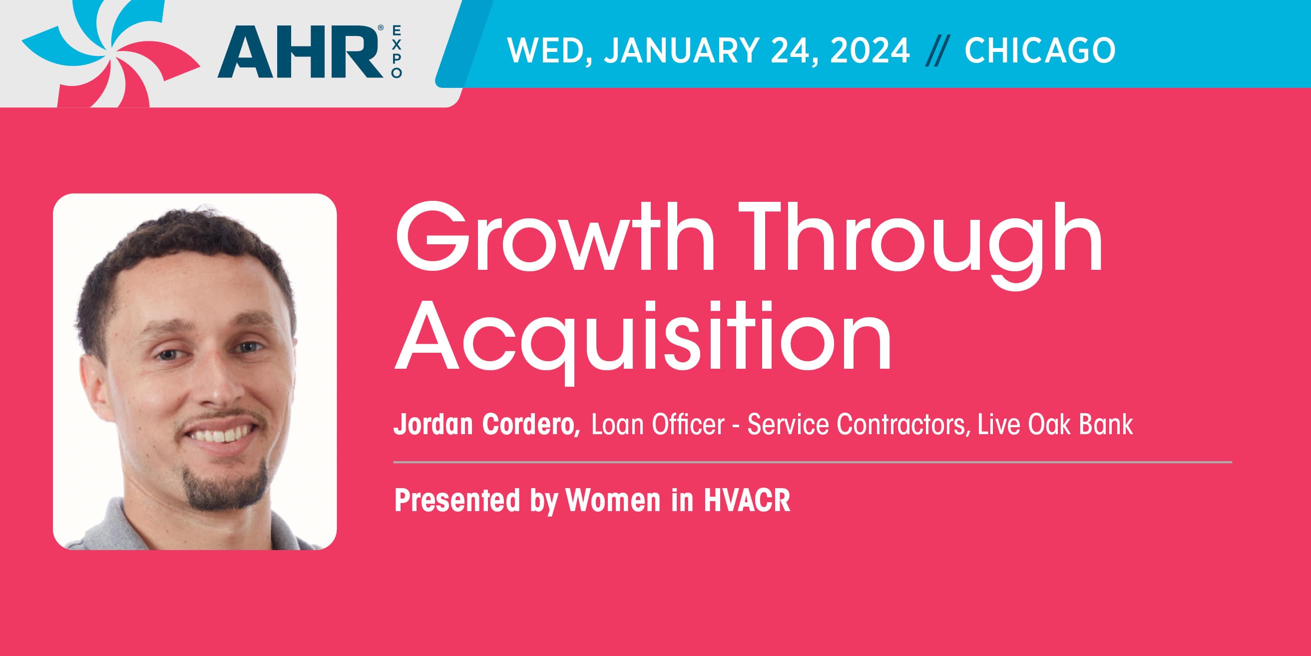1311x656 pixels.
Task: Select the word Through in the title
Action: point(919,245)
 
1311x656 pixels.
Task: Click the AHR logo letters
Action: point(300,52)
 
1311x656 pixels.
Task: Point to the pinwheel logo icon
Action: point(111,53)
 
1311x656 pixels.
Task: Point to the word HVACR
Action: point(747,500)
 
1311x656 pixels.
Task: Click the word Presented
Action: point(457,500)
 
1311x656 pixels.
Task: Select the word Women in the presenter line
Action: point(613,500)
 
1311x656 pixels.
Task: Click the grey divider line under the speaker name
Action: point(813,462)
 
